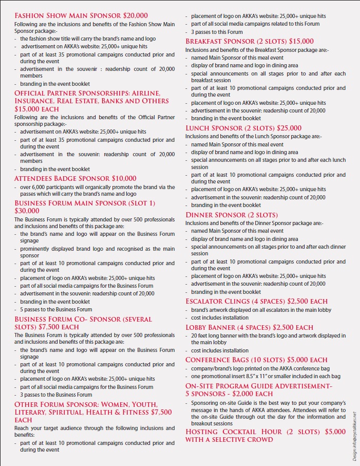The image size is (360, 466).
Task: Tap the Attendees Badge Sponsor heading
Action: (x=62, y=178)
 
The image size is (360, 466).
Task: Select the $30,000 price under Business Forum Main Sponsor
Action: (x=27, y=211)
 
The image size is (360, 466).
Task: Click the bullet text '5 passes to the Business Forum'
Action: (x=56, y=309)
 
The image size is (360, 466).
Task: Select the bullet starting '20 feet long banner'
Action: (x=266, y=339)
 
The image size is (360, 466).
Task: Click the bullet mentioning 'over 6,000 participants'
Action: (x=98, y=191)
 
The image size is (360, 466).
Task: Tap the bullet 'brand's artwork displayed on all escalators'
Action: (x=261, y=310)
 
